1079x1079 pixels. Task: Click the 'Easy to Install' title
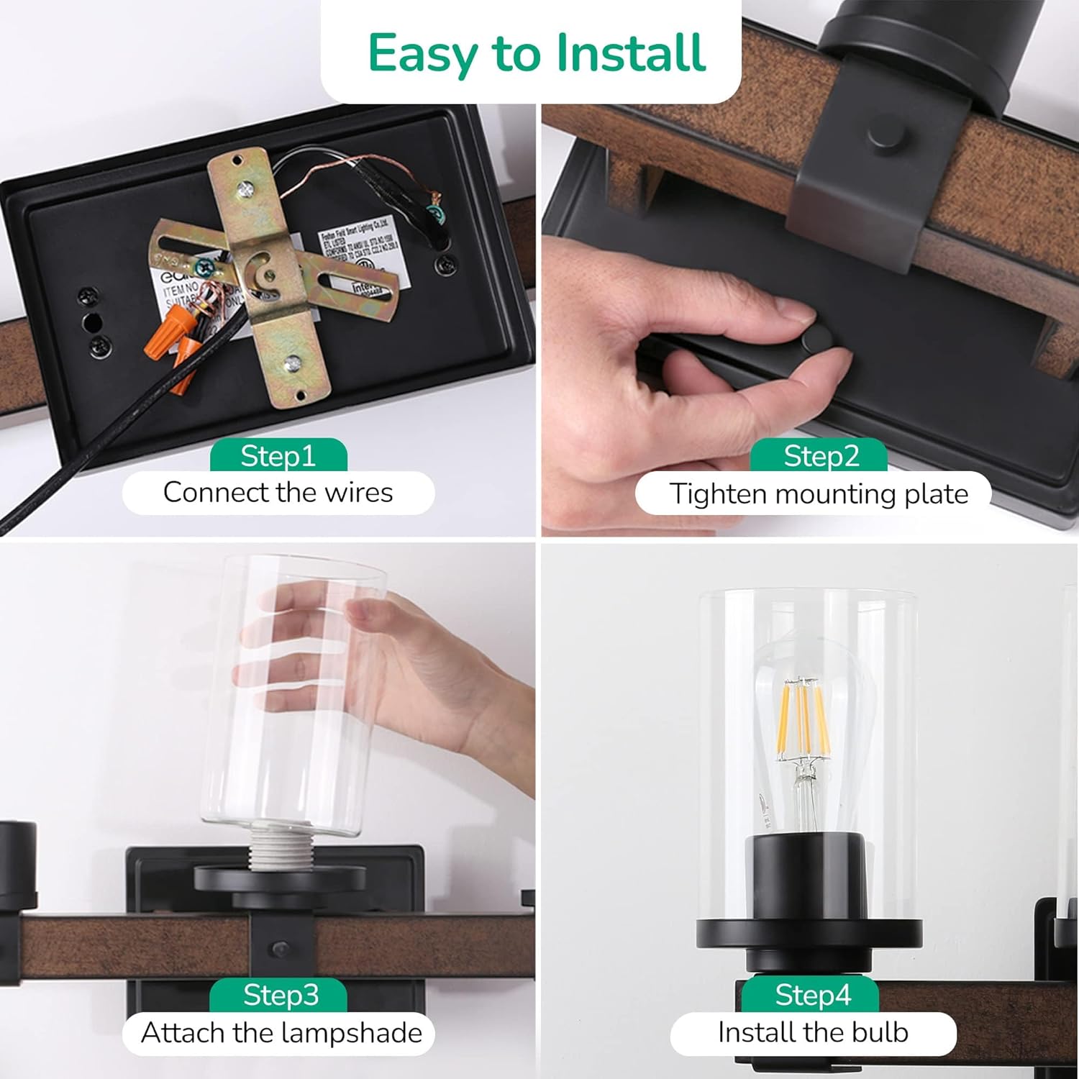[x=536, y=53]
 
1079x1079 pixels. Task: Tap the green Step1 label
[x=278, y=456]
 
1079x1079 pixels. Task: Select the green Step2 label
[x=821, y=456]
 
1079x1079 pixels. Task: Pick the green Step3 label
[x=280, y=995]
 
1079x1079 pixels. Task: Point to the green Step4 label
[x=812, y=995]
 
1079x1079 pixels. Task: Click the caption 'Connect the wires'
[x=278, y=493]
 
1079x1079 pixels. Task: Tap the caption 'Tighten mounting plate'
[x=818, y=494]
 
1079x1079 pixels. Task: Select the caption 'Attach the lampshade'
[x=281, y=1033]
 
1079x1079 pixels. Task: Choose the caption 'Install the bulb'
[x=813, y=1033]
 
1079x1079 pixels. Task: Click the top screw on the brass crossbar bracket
[x=245, y=189]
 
